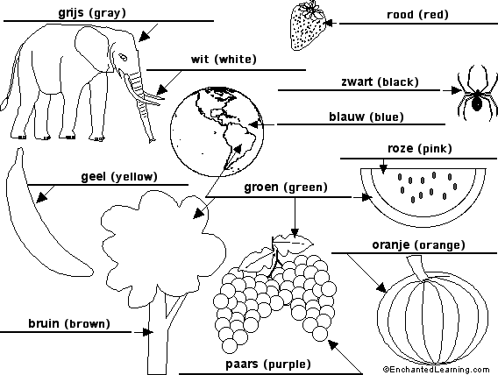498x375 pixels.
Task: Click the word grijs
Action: point(70,13)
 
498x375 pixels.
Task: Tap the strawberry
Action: point(308,26)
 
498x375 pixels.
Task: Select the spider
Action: point(477,93)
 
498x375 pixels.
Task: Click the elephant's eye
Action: point(123,58)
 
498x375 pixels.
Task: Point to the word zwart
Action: point(357,82)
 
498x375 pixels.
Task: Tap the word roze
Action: point(401,148)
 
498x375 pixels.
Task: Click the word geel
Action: point(94,177)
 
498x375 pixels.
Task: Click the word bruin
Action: point(44,323)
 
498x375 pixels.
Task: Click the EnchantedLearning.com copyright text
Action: point(437,370)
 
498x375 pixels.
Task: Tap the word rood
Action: point(400,15)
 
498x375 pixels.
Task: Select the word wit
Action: point(200,60)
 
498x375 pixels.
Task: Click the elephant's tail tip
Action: point(4,104)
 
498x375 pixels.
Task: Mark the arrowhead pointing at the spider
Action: point(456,90)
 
